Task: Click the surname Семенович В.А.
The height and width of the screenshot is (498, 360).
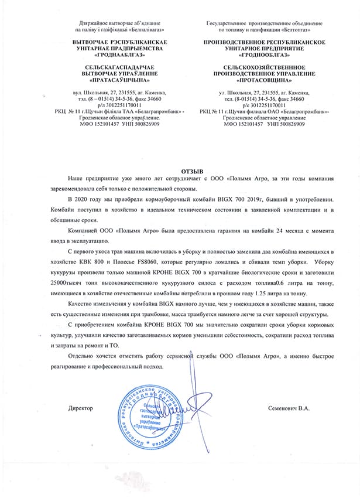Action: tap(288, 407)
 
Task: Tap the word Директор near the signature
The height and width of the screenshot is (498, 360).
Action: tap(80, 407)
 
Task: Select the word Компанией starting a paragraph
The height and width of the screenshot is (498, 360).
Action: tap(85, 231)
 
